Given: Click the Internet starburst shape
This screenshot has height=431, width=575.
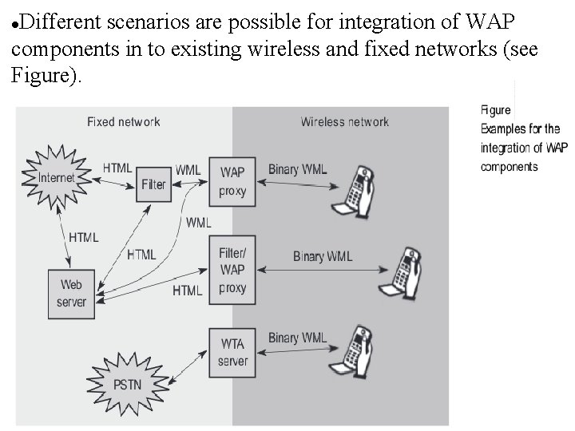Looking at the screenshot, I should pos(56,177).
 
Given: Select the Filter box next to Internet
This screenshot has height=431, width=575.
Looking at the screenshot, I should pos(153,184).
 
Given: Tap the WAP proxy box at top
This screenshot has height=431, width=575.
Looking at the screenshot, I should pos(232,181).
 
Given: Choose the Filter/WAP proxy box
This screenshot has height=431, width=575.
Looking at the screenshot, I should pos(232,271).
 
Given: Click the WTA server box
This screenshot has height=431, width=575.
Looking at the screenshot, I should pos(232,352).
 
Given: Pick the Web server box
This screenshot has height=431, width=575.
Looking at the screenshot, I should pos(71,293).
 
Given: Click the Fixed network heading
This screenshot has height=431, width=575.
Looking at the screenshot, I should pos(123,122).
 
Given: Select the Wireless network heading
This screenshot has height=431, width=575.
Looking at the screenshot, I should pos(344,122).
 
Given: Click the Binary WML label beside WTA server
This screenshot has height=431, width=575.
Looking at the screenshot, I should pos(297,338).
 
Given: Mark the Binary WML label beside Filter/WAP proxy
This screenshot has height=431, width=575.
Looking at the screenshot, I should pos(322,256).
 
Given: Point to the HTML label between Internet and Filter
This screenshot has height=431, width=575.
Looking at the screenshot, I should pos(117,168).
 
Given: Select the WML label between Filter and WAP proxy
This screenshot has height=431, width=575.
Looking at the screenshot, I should pos(188,170).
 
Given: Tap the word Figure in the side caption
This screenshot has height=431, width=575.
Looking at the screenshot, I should pos(495,110).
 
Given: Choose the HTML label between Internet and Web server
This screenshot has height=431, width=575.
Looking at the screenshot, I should pos(83,237).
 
